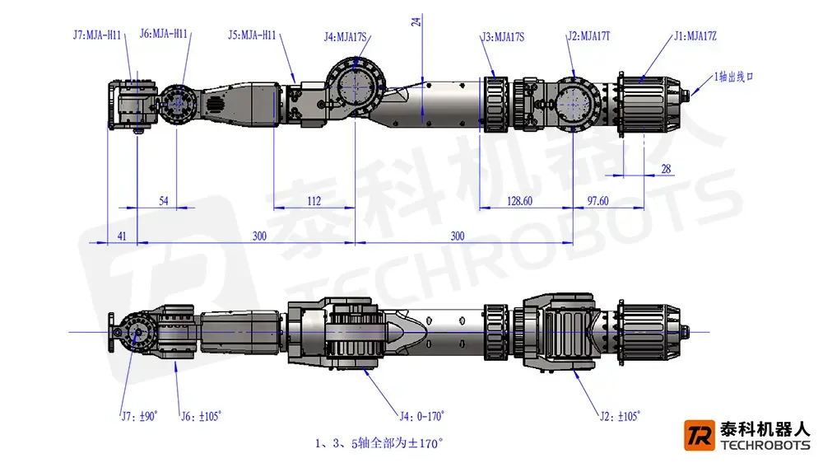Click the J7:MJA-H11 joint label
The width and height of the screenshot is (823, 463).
[x=98, y=35]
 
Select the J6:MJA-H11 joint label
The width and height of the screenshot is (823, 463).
[x=164, y=34]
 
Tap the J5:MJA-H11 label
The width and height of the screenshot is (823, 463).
[x=252, y=35]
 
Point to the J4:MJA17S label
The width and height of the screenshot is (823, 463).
[x=346, y=36]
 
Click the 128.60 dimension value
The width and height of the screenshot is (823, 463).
[x=519, y=201]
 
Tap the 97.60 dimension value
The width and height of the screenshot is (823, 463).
[x=597, y=201]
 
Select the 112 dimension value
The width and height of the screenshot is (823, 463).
[x=314, y=201]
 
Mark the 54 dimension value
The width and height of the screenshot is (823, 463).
[x=163, y=201]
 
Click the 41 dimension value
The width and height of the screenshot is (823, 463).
[x=122, y=236]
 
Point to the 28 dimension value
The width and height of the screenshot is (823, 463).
[x=666, y=169]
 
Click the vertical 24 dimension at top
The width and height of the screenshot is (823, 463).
[x=416, y=21]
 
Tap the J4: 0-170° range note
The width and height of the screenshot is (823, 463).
[x=421, y=416]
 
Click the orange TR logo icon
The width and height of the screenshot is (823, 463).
[x=699, y=437]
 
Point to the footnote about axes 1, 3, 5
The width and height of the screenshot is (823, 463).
[x=379, y=443]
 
